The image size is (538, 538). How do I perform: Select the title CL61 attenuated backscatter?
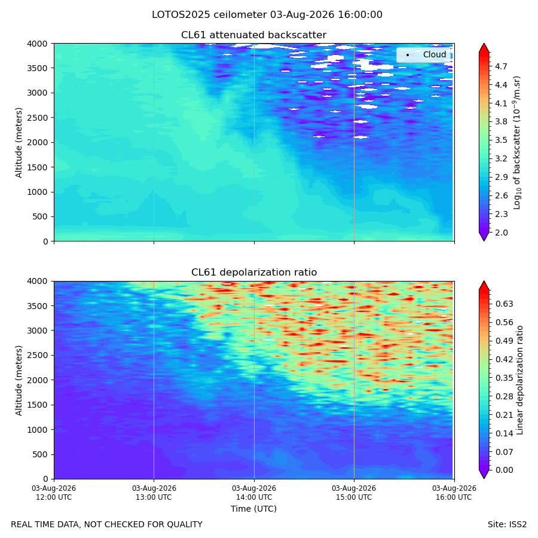pyautogui.click(x=253, y=35)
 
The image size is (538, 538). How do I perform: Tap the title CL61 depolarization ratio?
pyautogui.click(x=254, y=273)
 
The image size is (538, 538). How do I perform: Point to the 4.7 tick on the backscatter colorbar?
pyautogui.click(x=501, y=66)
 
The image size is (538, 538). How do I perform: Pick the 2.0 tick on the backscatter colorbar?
pyautogui.click(x=501, y=233)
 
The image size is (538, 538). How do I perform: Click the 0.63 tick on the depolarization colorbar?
pyautogui.click(x=505, y=304)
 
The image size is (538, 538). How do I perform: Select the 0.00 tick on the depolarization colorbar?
pyautogui.click(x=505, y=470)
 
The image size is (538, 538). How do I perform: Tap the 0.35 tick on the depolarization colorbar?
pyautogui.click(x=505, y=378)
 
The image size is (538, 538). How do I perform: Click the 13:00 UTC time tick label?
pyautogui.click(x=154, y=493)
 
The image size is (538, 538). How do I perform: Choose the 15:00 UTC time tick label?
pyautogui.click(x=354, y=493)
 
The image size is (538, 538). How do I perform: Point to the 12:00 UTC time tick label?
pyautogui.click(x=54, y=493)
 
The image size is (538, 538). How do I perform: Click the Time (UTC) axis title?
pyautogui.click(x=253, y=509)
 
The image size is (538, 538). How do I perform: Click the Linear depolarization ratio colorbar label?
pyautogui.click(x=520, y=380)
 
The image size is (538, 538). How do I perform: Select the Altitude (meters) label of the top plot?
pyautogui.click(x=19, y=143)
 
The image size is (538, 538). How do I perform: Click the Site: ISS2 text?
pyautogui.click(x=507, y=525)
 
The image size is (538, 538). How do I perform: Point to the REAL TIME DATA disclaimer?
pyautogui.click(x=107, y=525)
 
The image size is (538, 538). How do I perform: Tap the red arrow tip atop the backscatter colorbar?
pyautogui.click(x=484, y=44)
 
